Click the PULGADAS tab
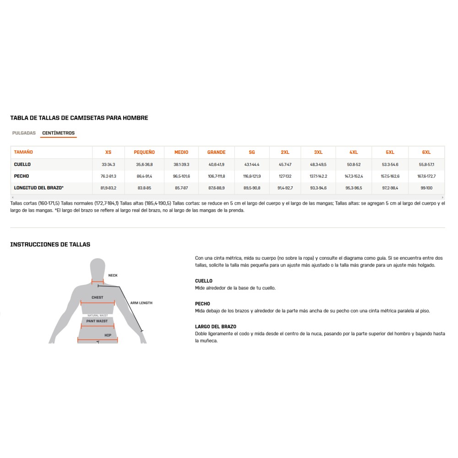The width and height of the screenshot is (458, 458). [24, 133]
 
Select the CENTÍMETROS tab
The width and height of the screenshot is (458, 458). [58, 133]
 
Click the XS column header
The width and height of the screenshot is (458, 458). [108, 152]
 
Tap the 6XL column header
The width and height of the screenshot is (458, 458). [426, 152]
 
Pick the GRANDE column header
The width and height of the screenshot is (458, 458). [216, 152]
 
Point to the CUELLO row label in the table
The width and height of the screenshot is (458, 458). [22, 164]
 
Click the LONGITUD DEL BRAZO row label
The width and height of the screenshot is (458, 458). [38, 188]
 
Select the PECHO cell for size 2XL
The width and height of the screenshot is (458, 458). [285, 176]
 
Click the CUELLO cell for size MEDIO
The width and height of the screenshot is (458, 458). [181, 164]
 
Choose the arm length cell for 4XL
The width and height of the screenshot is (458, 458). [354, 188]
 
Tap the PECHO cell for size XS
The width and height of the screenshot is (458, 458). [109, 176]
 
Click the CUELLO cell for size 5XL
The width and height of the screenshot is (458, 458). [390, 164]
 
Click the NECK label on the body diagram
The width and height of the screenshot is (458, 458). [113, 275]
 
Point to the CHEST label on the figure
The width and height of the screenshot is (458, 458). [97, 297]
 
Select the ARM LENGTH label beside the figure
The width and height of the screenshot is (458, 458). [141, 303]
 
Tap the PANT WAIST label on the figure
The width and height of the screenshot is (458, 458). [97, 321]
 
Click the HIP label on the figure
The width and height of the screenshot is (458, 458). [108, 335]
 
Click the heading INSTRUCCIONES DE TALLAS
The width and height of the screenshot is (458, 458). [50, 245]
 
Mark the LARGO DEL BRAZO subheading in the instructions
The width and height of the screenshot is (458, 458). [215, 327]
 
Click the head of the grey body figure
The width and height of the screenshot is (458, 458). [98, 268]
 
